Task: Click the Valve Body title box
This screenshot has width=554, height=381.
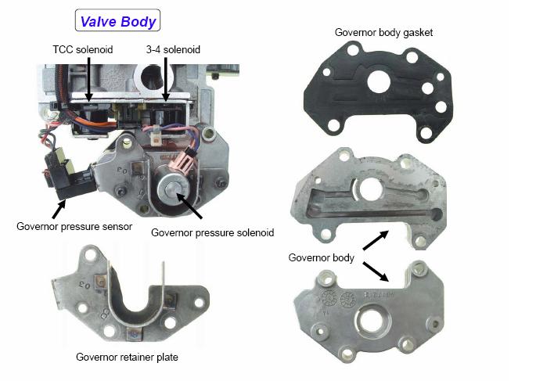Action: [117, 20]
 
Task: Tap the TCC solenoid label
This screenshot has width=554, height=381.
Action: [83, 49]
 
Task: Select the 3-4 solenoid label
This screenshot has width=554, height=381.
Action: [173, 49]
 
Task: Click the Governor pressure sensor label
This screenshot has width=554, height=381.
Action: [74, 226]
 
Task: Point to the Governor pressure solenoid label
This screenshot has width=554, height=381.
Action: [213, 232]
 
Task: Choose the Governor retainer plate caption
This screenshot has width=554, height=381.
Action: [128, 357]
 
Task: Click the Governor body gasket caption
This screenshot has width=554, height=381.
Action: [383, 33]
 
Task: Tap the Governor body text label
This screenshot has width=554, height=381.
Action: [321, 257]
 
